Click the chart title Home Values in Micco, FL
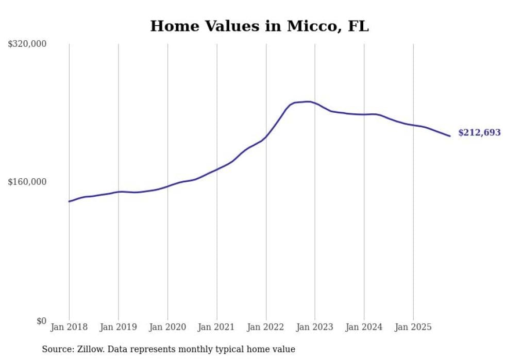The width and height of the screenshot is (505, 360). pyautogui.click(x=259, y=26)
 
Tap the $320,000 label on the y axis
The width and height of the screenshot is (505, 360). pyautogui.click(x=27, y=44)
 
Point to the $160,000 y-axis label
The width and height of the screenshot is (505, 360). pyautogui.click(x=27, y=182)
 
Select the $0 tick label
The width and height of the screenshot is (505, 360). pyautogui.click(x=41, y=321)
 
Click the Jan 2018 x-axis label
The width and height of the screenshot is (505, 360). pyautogui.click(x=69, y=327)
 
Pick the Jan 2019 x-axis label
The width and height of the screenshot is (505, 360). pyautogui.click(x=119, y=327)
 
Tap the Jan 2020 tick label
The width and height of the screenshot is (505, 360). pyautogui.click(x=167, y=327)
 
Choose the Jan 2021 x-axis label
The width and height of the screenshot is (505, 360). pyautogui.click(x=216, y=327)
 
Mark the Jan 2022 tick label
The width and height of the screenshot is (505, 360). pyautogui.click(x=266, y=327)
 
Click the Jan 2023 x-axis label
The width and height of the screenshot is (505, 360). pyautogui.click(x=315, y=327)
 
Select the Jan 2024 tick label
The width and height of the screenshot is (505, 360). pyautogui.click(x=364, y=327)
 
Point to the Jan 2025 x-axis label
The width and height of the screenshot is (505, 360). pyautogui.click(x=413, y=327)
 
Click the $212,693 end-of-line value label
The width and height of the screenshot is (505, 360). pyautogui.click(x=479, y=133)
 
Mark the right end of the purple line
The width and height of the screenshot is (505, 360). pyautogui.click(x=450, y=136)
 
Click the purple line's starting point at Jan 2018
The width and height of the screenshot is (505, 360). pyautogui.click(x=69, y=201)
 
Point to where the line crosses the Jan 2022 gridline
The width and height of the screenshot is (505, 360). pyautogui.click(x=266, y=136)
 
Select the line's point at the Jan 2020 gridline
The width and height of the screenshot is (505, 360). pyautogui.click(x=167, y=186)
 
